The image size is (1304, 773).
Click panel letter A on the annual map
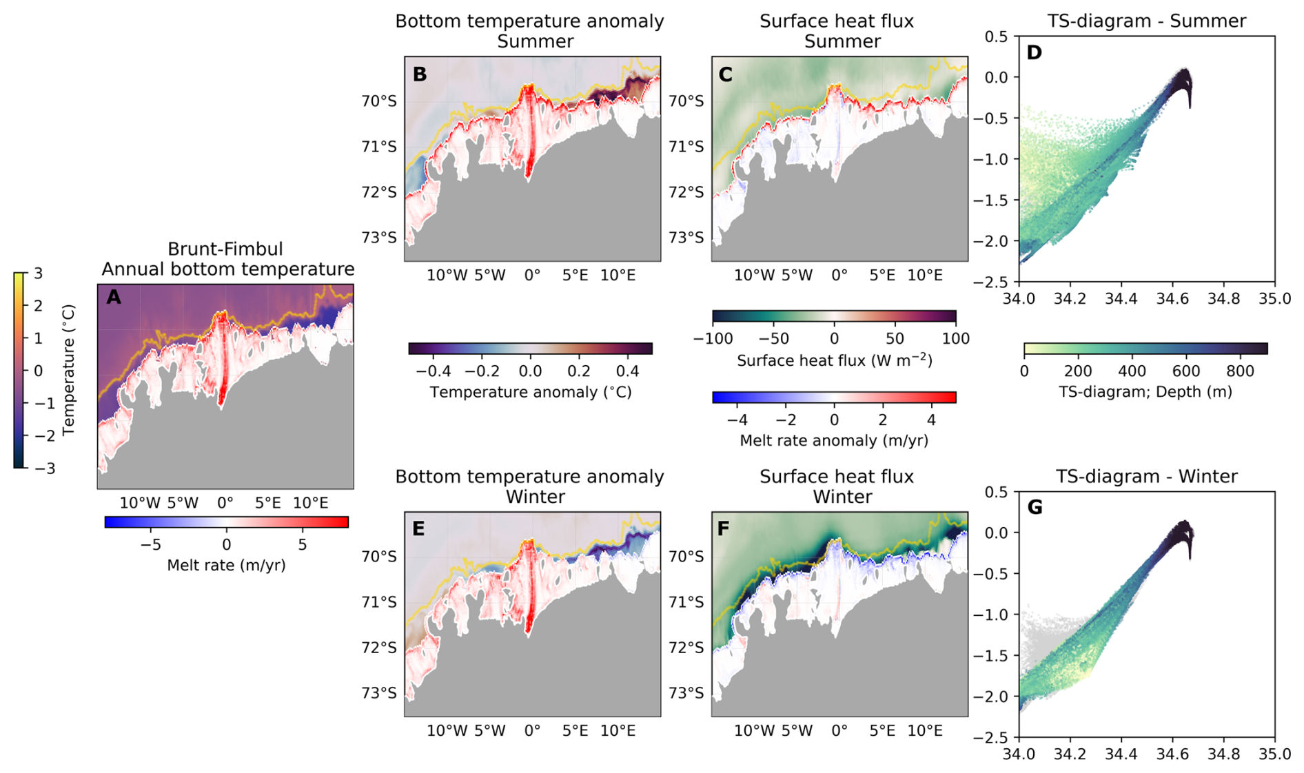point(114,298)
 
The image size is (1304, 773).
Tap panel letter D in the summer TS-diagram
point(1034,53)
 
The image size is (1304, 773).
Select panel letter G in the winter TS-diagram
point(1035,508)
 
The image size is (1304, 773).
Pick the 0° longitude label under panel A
point(225,503)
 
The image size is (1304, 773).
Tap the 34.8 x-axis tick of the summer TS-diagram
point(1223,299)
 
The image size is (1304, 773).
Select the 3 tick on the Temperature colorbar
point(39,274)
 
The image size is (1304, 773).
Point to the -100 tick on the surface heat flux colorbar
point(713,339)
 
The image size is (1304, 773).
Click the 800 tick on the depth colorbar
point(1241,371)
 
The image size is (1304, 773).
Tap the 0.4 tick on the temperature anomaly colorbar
point(628,371)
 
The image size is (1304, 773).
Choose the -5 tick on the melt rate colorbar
point(150,544)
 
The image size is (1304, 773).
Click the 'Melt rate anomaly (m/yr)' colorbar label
point(834,440)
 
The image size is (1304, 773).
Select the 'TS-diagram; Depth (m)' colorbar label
point(1145,392)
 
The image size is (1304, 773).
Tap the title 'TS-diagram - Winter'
point(1147,476)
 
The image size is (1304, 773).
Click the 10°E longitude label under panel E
point(618,730)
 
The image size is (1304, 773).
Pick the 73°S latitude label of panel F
point(687,693)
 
